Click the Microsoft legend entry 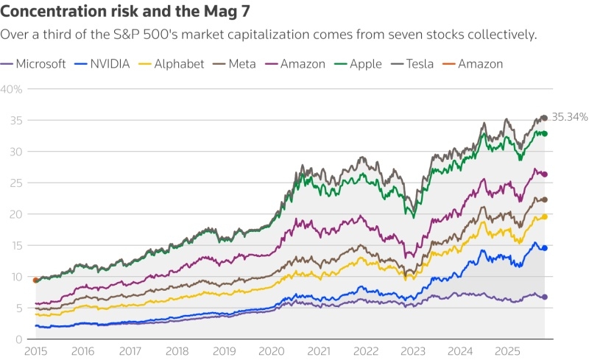tap(40, 64)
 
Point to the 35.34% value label tap(569, 117)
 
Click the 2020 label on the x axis tap(272, 352)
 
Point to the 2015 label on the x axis tap(35, 352)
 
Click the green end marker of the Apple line tap(545, 133)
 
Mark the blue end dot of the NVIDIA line tap(545, 248)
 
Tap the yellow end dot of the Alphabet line tap(545, 216)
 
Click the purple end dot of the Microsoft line tap(545, 297)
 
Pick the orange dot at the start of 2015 tap(35, 280)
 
